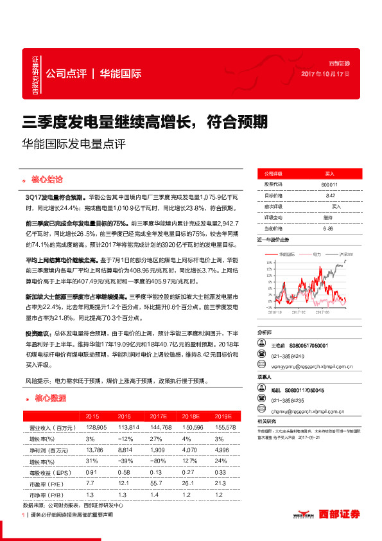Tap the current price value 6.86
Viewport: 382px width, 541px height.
329,228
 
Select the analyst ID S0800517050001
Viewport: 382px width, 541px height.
308,346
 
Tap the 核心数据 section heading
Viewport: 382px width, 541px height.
49,398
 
